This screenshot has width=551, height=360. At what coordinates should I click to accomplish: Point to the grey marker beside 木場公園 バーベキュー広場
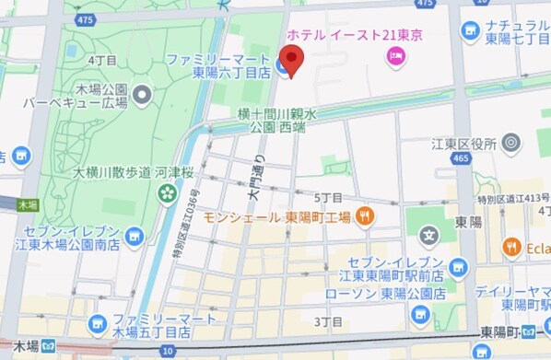coord(142,93)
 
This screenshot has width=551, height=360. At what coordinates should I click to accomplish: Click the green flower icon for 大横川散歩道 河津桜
coord(167,192)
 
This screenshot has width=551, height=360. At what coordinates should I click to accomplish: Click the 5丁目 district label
coord(328,198)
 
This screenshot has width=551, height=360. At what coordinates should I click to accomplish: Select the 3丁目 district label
coord(328,321)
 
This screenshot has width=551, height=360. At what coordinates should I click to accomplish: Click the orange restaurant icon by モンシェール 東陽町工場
coord(366,216)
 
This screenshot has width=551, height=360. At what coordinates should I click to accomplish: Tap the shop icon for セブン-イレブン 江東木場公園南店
coord(135,238)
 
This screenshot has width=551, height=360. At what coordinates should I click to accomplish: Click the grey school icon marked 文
coord(428,236)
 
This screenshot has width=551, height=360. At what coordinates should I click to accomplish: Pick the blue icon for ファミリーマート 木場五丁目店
coord(98,324)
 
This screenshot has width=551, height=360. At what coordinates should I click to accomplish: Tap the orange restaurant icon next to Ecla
coord(512,246)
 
